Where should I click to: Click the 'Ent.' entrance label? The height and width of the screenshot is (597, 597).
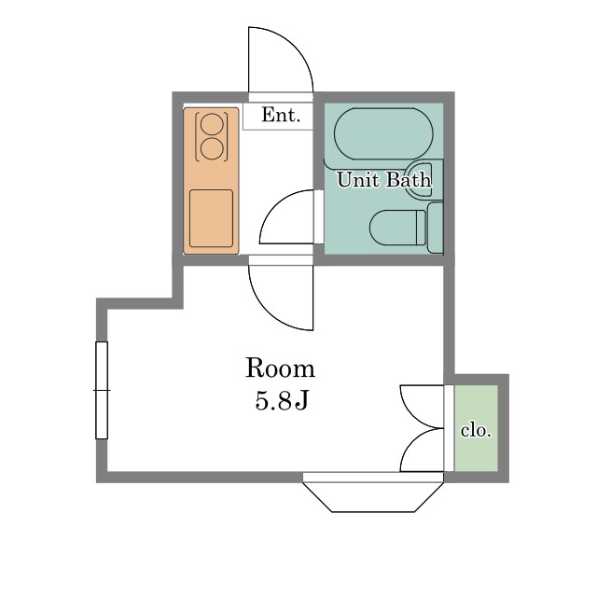281,115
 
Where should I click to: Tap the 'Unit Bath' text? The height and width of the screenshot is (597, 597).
384,179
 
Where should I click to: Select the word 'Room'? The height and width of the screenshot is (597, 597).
280,368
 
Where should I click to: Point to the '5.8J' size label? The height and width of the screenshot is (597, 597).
281,400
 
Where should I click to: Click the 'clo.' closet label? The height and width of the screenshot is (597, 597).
476,430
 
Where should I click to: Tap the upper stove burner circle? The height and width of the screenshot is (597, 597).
212,124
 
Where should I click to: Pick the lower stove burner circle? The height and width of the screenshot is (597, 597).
212,149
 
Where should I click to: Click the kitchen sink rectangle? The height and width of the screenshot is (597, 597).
212,218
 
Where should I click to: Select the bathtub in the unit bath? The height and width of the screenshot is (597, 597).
383,134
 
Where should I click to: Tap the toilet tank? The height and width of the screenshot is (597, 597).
435,228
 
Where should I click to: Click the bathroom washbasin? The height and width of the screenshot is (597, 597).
418,179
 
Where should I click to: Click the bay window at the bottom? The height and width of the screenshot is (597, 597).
373,495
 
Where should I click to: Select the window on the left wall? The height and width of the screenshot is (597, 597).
102,390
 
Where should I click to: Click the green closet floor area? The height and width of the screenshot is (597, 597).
476,428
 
